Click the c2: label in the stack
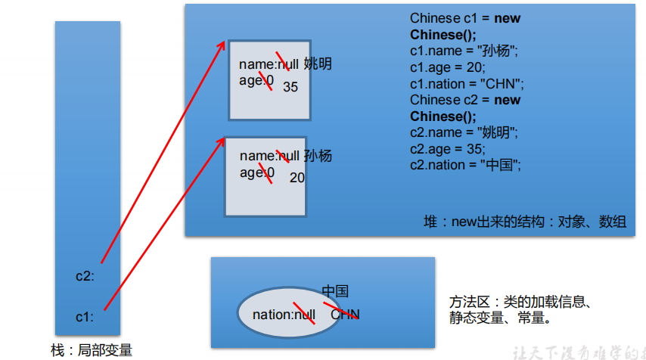pyautogui.click(x=85, y=276)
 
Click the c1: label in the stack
pyautogui.click(x=85, y=317)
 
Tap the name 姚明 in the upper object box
pyautogui.click(x=318, y=64)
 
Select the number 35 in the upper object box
pyautogui.click(x=290, y=87)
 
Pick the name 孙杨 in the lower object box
pyautogui.click(x=318, y=157)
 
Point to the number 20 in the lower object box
pyautogui.click(x=297, y=178)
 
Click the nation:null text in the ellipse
pyautogui.click(x=284, y=315)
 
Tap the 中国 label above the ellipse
pyautogui.click(x=335, y=292)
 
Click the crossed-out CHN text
pyautogui.click(x=345, y=315)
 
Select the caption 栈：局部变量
pyautogui.click(x=92, y=350)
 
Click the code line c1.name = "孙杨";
pyautogui.click(x=464, y=51)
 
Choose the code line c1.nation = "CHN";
pyautogui.click(x=467, y=84)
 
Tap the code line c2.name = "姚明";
pyautogui.click(x=464, y=133)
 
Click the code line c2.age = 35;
pyautogui.click(x=448, y=149)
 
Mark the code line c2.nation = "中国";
pyautogui.click(x=466, y=165)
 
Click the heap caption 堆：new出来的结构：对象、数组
pyautogui.click(x=524, y=222)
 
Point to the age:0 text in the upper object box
pyautogui.click(x=256, y=80)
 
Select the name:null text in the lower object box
pyautogui.click(x=270, y=157)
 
